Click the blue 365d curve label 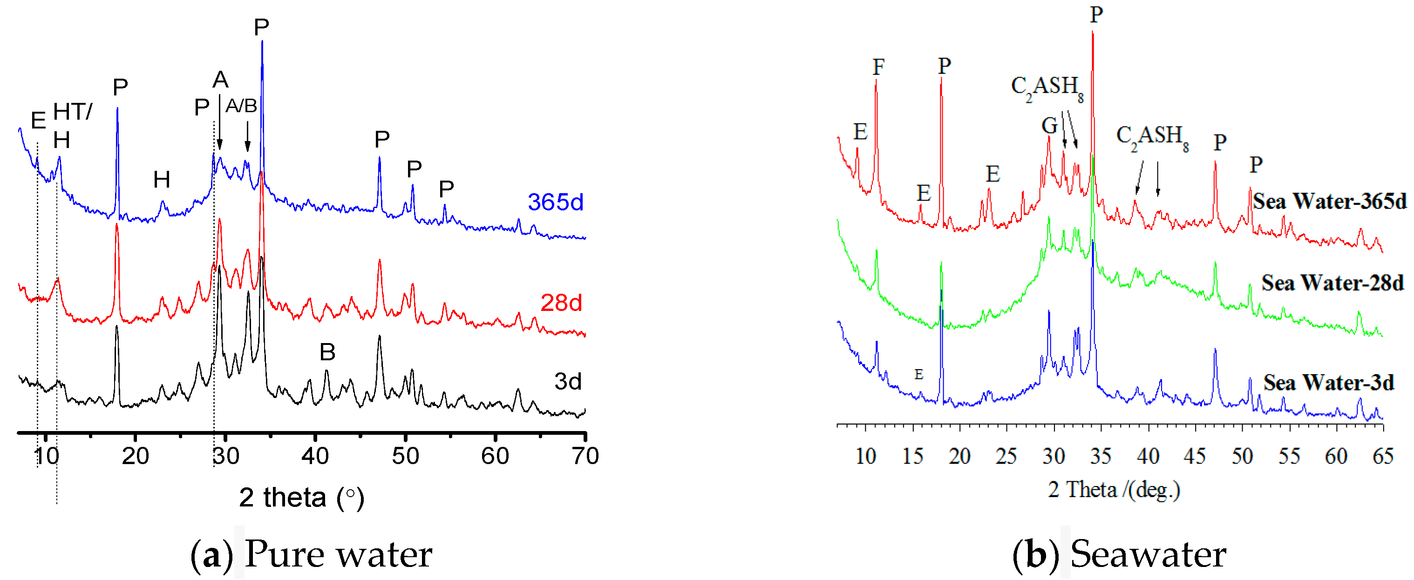point(555,202)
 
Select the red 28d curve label point(560,303)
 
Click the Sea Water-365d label point(1329,202)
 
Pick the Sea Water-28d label point(1332,283)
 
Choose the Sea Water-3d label point(1328,383)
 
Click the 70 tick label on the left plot point(585,456)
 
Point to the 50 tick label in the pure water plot point(405,456)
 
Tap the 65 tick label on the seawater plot point(1383,456)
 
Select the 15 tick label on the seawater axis point(912,456)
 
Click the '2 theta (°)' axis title point(301,498)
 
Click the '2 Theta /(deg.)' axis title point(1114,489)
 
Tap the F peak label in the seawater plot point(878,67)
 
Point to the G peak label point(1049,126)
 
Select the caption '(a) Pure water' point(311,554)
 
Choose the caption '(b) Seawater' point(1119,554)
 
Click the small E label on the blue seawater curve point(919,374)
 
